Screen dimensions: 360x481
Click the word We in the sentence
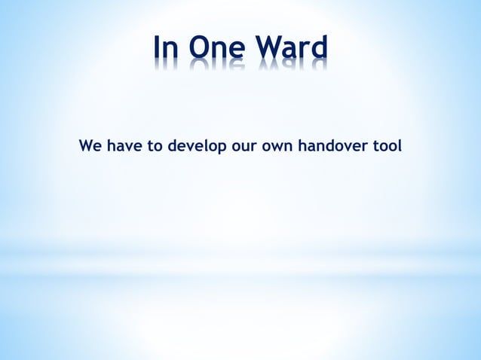(x=90, y=145)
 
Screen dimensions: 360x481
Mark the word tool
(x=388, y=145)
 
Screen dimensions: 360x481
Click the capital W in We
(x=86, y=145)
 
